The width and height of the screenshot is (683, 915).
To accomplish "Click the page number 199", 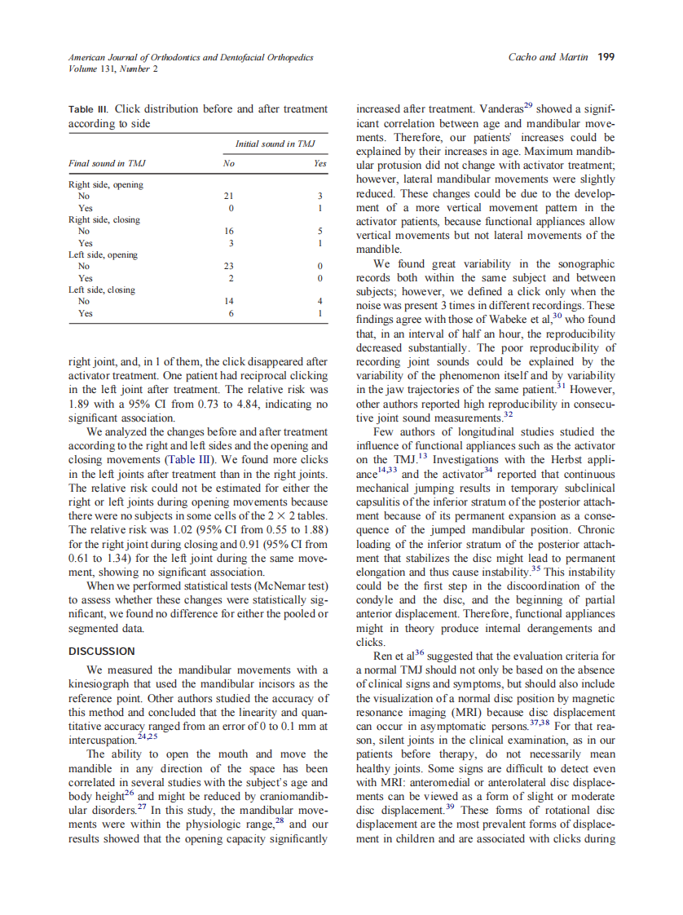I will tap(606, 57).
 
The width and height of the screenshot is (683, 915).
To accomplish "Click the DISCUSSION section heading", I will tap(102, 651).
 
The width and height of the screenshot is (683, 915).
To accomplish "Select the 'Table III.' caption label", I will tap(89, 108).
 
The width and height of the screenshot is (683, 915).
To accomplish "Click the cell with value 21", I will tap(228, 197).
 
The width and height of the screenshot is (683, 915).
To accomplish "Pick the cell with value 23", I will tap(228, 267).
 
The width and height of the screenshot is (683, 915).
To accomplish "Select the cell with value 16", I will tap(228, 232).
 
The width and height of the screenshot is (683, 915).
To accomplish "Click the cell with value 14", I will tap(228, 302).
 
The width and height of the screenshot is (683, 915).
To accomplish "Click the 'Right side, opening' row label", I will tap(105, 184).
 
